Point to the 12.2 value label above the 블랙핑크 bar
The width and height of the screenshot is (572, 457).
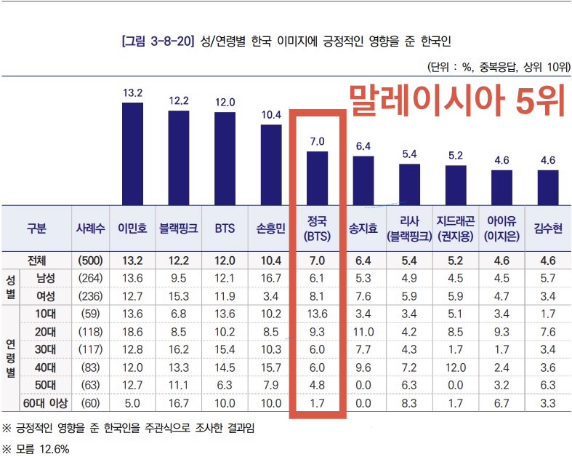[179, 101]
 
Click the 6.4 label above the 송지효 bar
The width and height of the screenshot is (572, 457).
[363, 146]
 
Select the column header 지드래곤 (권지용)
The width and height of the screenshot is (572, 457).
[456, 228]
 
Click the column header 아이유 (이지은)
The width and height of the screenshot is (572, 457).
[501, 228]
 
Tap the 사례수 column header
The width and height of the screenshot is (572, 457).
[90, 228]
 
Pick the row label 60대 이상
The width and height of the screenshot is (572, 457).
[45, 402]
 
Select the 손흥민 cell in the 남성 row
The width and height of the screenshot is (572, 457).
[271, 277]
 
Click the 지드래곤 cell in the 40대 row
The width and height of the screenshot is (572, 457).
[456, 367]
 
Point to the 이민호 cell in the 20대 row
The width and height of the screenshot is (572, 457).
[132, 331]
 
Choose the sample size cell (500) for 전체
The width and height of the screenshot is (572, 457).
[90, 260]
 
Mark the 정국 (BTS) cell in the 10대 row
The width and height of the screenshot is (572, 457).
[318, 313]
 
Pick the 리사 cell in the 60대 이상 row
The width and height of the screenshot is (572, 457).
[409, 402]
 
